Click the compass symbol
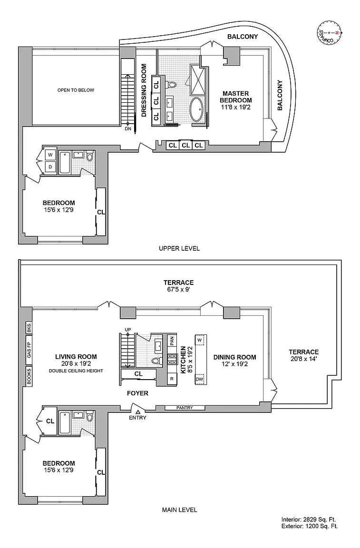[x=329, y=32]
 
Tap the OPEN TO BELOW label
[x=76, y=90]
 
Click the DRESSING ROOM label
[x=144, y=90]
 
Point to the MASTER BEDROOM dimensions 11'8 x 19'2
[x=235, y=108]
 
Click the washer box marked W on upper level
[x=50, y=155]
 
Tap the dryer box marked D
[x=50, y=167]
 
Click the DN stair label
[x=128, y=128]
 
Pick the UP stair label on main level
[x=128, y=330]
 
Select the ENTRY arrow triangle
[x=138, y=412]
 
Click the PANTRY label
[x=185, y=408]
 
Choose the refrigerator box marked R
[x=172, y=379]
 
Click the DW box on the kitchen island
[x=200, y=379]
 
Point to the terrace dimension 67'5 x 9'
[x=179, y=290]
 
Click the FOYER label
[x=137, y=393]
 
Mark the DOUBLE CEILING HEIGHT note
[x=76, y=371]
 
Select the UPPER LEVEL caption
[x=179, y=248]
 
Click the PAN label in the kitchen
[x=172, y=341]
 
